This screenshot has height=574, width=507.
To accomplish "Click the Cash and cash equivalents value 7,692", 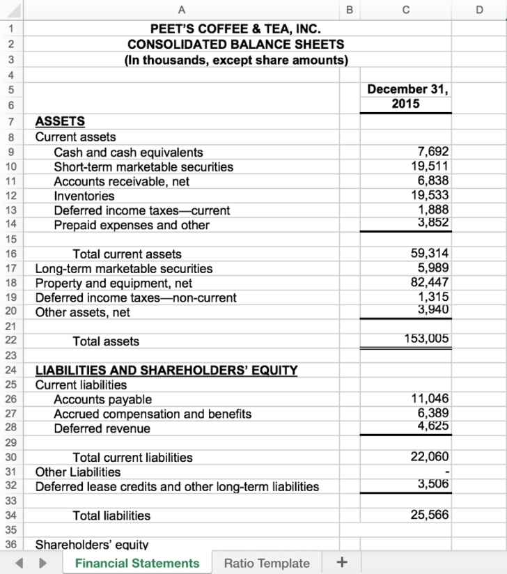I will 432,152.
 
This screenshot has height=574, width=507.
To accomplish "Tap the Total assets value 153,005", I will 426,339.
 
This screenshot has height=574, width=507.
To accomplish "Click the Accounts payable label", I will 102,399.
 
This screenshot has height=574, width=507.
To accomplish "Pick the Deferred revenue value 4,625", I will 432,426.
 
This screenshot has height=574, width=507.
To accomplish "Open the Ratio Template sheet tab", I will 267,563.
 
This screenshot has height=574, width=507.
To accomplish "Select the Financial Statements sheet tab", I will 137,563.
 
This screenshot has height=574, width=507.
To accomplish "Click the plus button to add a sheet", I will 341,563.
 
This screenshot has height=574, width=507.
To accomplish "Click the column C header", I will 405,9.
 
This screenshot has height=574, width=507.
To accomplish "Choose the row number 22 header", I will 11,341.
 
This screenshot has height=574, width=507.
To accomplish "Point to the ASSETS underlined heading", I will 60,122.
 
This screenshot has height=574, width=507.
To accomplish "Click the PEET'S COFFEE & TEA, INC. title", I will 235,29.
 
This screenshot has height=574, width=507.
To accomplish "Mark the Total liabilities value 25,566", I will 429,515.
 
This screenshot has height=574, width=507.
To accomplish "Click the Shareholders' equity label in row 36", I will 92,544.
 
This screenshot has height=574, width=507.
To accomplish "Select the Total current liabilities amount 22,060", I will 429,456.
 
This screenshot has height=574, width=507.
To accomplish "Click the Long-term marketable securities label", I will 124,268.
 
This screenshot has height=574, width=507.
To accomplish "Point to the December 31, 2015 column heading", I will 407,96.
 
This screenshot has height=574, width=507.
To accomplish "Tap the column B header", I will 349,9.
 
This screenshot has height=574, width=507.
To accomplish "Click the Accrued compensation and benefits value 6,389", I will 432,413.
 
